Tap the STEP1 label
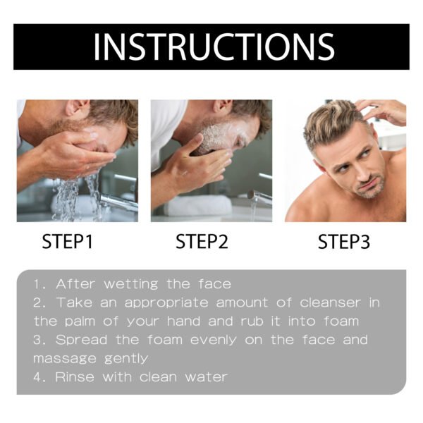(68, 243)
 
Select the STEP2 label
(202, 243)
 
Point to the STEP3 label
(343, 243)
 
